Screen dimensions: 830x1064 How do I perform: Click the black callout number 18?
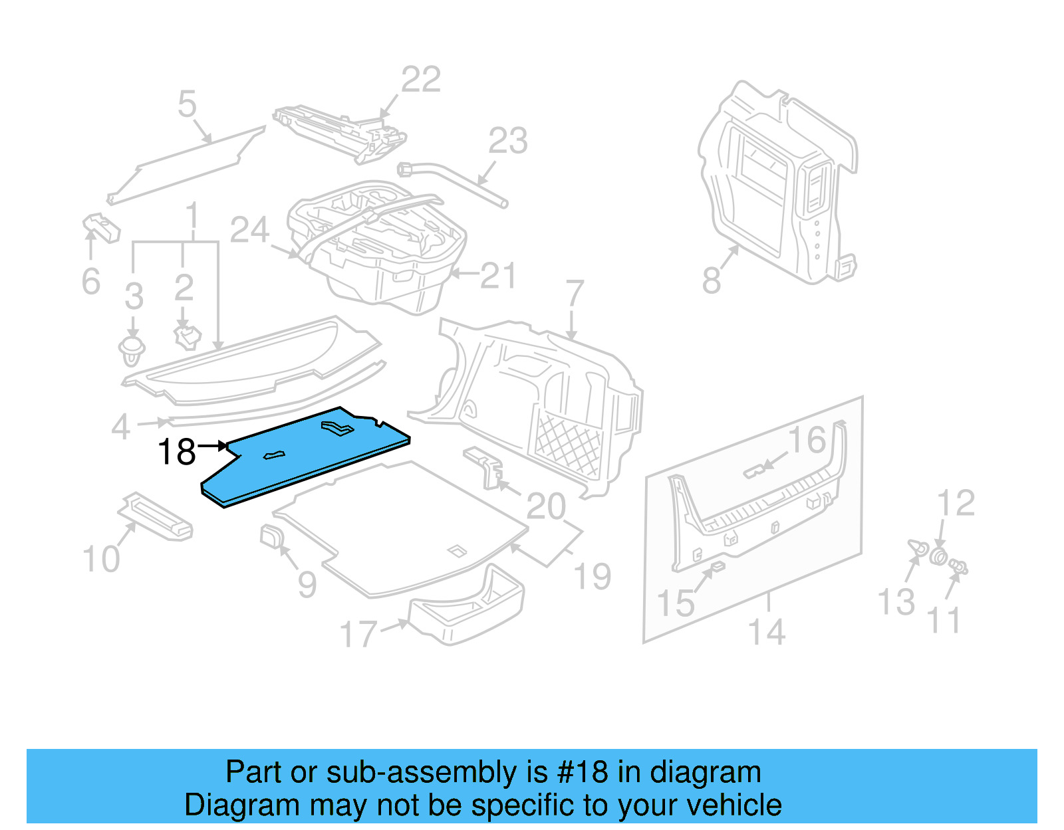[x=177, y=452]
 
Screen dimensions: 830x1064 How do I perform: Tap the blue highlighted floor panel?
[x=306, y=459]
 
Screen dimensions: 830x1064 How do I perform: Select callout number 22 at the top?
[x=421, y=80]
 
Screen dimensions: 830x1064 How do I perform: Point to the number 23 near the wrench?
[x=508, y=141]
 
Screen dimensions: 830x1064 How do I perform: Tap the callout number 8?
[x=711, y=280]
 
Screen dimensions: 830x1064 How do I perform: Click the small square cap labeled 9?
[x=270, y=536]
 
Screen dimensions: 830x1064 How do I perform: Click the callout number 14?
[x=767, y=631]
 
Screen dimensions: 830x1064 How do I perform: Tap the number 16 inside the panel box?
[x=807, y=440]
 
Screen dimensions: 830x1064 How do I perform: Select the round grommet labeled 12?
[x=938, y=556]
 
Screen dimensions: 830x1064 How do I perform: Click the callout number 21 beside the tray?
[x=498, y=276]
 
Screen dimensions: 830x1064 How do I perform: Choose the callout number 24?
[x=249, y=230]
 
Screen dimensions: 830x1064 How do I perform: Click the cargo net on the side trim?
[x=569, y=445]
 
